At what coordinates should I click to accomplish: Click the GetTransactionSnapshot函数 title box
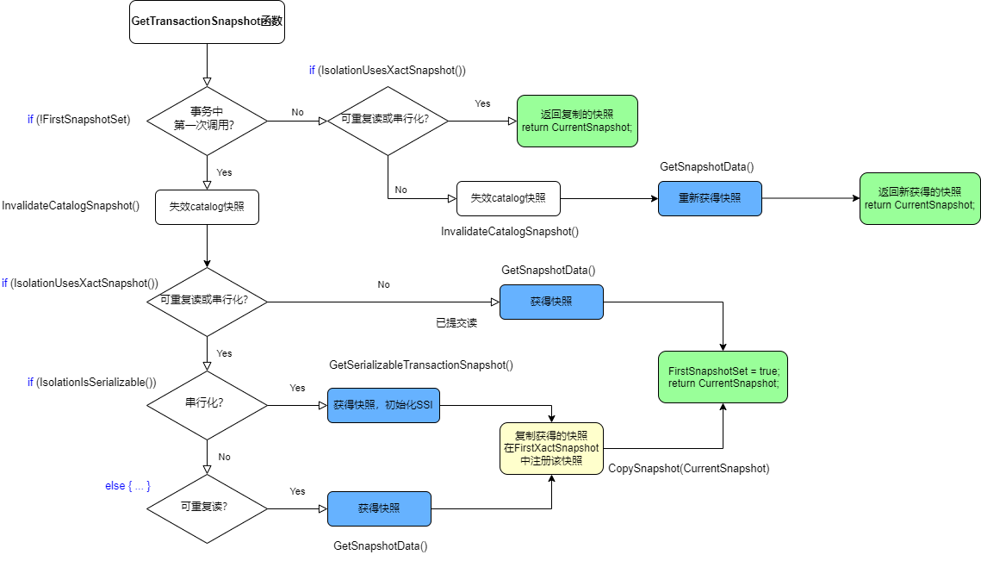click(207, 22)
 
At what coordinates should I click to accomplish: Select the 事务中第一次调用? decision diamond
click(207, 121)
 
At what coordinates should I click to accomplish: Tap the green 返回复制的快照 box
click(577, 121)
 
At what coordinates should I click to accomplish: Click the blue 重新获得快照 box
click(710, 198)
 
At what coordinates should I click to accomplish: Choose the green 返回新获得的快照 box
click(920, 198)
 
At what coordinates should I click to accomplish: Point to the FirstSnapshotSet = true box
click(723, 377)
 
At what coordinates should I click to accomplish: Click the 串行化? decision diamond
click(207, 404)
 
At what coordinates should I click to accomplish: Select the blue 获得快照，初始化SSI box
click(383, 405)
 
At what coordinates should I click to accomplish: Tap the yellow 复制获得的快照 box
click(551, 448)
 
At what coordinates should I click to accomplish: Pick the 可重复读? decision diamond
click(207, 508)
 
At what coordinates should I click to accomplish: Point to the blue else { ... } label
click(127, 487)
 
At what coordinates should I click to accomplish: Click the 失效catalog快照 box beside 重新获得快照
click(508, 198)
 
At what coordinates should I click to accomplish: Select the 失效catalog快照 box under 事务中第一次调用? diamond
click(207, 207)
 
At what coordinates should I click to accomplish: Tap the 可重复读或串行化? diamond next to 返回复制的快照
click(388, 121)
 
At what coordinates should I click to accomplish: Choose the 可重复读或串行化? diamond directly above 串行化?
click(207, 302)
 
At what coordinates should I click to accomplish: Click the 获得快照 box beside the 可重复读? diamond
click(379, 508)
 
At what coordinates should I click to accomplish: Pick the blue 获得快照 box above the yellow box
click(551, 302)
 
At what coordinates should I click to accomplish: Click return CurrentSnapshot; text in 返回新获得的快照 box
click(920, 205)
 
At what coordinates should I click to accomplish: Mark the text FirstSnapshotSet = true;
click(723, 371)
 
